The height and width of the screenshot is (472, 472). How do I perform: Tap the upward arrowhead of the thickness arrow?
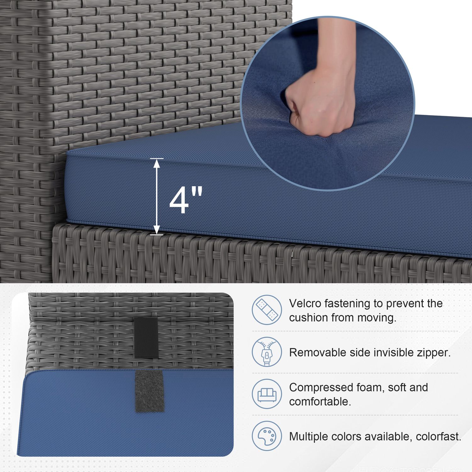point(157,163)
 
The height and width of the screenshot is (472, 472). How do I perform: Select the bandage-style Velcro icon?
point(267,310)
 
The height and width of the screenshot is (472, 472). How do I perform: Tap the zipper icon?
point(267,352)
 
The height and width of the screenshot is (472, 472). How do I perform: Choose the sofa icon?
point(267,394)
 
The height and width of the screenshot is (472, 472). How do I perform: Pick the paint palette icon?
point(267,436)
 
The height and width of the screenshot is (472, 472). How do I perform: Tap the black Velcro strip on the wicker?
point(146,337)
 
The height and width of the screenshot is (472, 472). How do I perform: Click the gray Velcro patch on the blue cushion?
point(149,391)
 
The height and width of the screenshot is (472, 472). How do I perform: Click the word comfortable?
point(320,402)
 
